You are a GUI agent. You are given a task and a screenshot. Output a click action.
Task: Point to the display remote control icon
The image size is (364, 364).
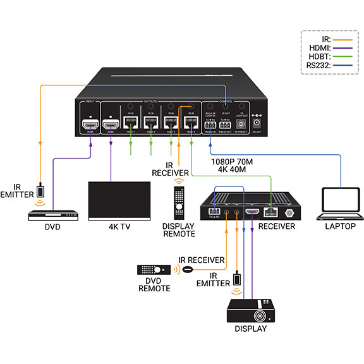coord(179,206)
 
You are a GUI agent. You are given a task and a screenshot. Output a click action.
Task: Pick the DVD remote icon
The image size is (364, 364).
coord(154,270)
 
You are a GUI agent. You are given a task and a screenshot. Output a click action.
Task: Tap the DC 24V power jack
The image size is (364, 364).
coord(257,124)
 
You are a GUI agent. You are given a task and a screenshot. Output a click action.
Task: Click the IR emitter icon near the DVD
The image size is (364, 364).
coord(40,190)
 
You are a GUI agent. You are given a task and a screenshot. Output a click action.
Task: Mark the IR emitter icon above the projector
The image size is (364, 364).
coord(236,279)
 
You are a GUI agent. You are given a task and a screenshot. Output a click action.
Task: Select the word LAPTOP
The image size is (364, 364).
coord(340,226)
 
